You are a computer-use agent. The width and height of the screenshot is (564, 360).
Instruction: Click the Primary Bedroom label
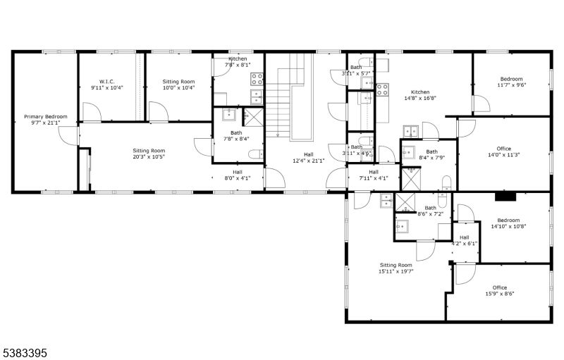pyautogui.click(x=46, y=120)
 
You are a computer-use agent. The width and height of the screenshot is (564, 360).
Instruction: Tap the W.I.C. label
pyautogui.click(x=107, y=84)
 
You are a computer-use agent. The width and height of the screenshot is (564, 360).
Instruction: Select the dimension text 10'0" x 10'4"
pyautogui.click(x=168, y=88)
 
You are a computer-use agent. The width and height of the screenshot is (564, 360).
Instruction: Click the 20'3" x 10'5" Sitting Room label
pyautogui.click(x=149, y=154)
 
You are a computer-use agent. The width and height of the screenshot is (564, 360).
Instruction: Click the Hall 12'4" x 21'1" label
pyautogui.click(x=309, y=157)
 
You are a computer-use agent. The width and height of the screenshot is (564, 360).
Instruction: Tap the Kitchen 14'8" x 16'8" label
pyautogui.click(x=420, y=96)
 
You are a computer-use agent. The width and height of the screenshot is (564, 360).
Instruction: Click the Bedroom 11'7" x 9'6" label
pyautogui.click(x=512, y=82)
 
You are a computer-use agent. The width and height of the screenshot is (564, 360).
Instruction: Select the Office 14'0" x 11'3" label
pyautogui.click(x=503, y=151)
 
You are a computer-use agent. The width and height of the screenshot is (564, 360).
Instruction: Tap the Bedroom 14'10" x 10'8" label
pyautogui.click(x=508, y=223)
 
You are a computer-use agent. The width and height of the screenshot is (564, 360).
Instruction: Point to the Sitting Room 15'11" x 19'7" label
pyautogui.click(x=396, y=268)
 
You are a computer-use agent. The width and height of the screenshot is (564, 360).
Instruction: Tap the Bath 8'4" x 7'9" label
pyautogui.click(x=431, y=154)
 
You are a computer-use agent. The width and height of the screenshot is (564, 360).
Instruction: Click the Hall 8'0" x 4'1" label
pyautogui.click(x=238, y=175)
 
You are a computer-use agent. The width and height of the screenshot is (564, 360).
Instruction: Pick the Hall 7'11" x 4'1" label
pyautogui.click(x=373, y=175)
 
